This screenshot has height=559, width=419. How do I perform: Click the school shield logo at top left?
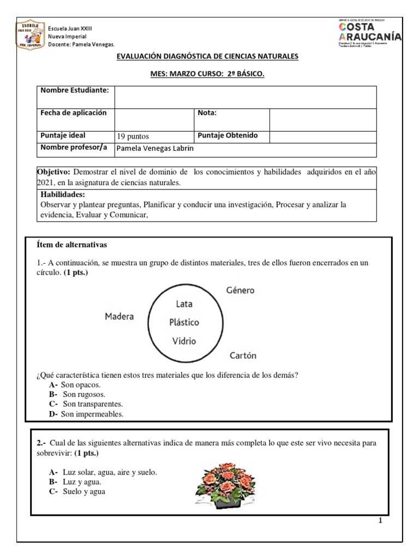[x=31, y=34]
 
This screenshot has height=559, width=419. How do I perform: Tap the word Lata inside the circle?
[x=184, y=304]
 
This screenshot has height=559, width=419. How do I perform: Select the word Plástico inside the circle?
[x=184, y=322]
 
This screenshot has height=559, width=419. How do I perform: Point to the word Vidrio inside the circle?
[x=184, y=341]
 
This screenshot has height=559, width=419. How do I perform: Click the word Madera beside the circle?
[x=119, y=317]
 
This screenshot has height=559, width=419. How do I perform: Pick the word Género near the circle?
[x=240, y=290]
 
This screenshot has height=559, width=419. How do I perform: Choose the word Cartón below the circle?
[x=243, y=355]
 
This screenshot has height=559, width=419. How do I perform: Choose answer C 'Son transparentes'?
[x=92, y=404]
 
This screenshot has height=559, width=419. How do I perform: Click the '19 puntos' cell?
[x=133, y=136]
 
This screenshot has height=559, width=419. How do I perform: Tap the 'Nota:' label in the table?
[x=208, y=113]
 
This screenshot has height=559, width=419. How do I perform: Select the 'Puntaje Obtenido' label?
[x=228, y=135]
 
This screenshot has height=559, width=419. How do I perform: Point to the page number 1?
[x=380, y=520]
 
